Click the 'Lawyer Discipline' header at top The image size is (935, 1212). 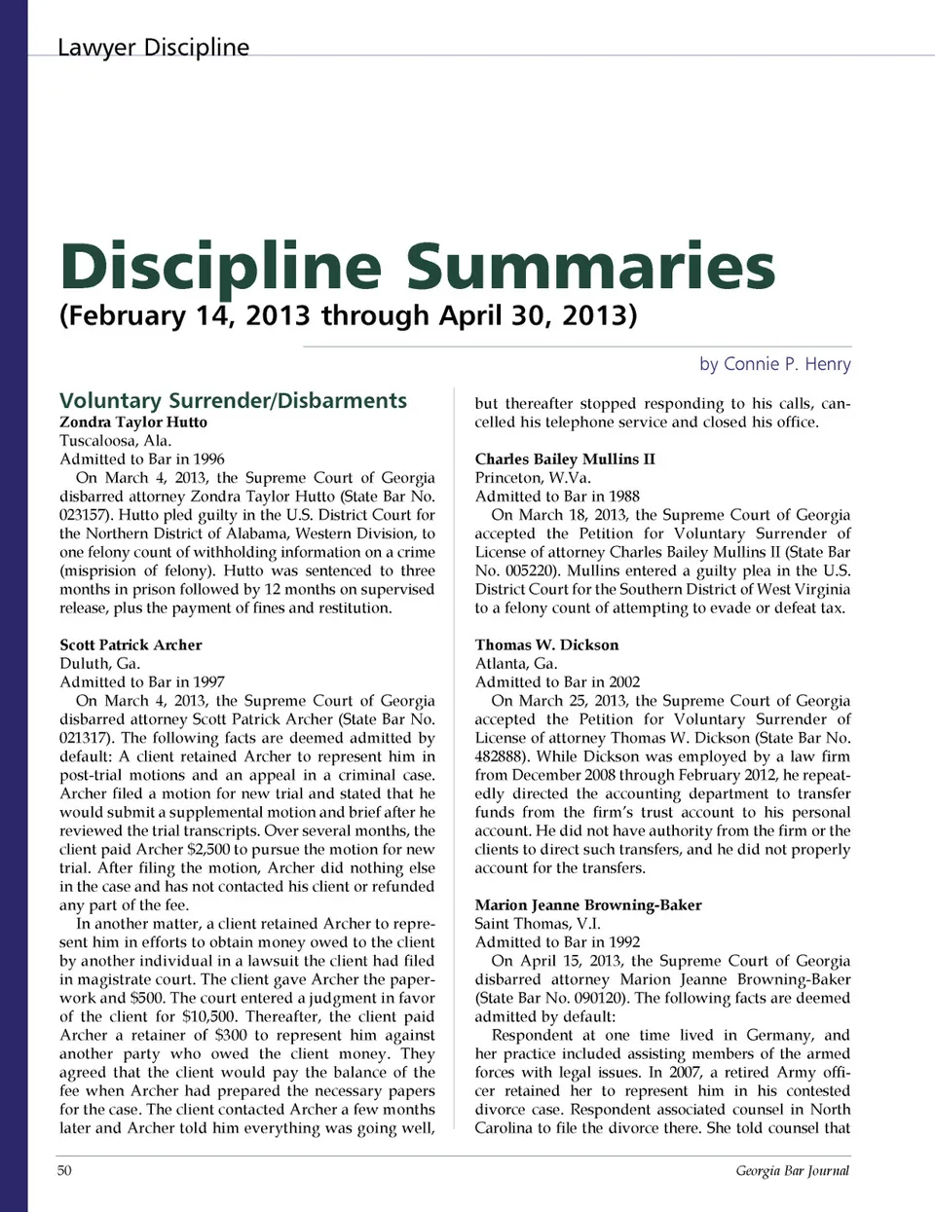(x=153, y=47)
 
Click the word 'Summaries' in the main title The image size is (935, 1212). (x=590, y=265)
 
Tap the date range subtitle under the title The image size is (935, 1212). (x=348, y=315)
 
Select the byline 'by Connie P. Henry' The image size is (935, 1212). (x=774, y=364)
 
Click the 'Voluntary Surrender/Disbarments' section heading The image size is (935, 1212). (x=233, y=400)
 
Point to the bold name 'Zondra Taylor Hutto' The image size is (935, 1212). (x=133, y=422)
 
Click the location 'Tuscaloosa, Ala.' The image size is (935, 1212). (x=115, y=440)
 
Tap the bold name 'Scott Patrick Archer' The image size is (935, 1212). (x=131, y=644)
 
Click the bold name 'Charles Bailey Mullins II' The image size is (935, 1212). (x=565, y=459)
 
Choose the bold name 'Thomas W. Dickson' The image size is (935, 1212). (x=546, y=644)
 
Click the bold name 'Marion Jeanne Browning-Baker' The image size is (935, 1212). (x=588, y=904)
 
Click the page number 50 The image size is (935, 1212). (x=64, y=1170)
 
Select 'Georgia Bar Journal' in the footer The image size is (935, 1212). (x=792, y=1170)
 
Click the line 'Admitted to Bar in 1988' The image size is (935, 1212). (x=557, y=496)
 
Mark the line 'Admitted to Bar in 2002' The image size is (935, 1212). (x=557, y=681)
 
